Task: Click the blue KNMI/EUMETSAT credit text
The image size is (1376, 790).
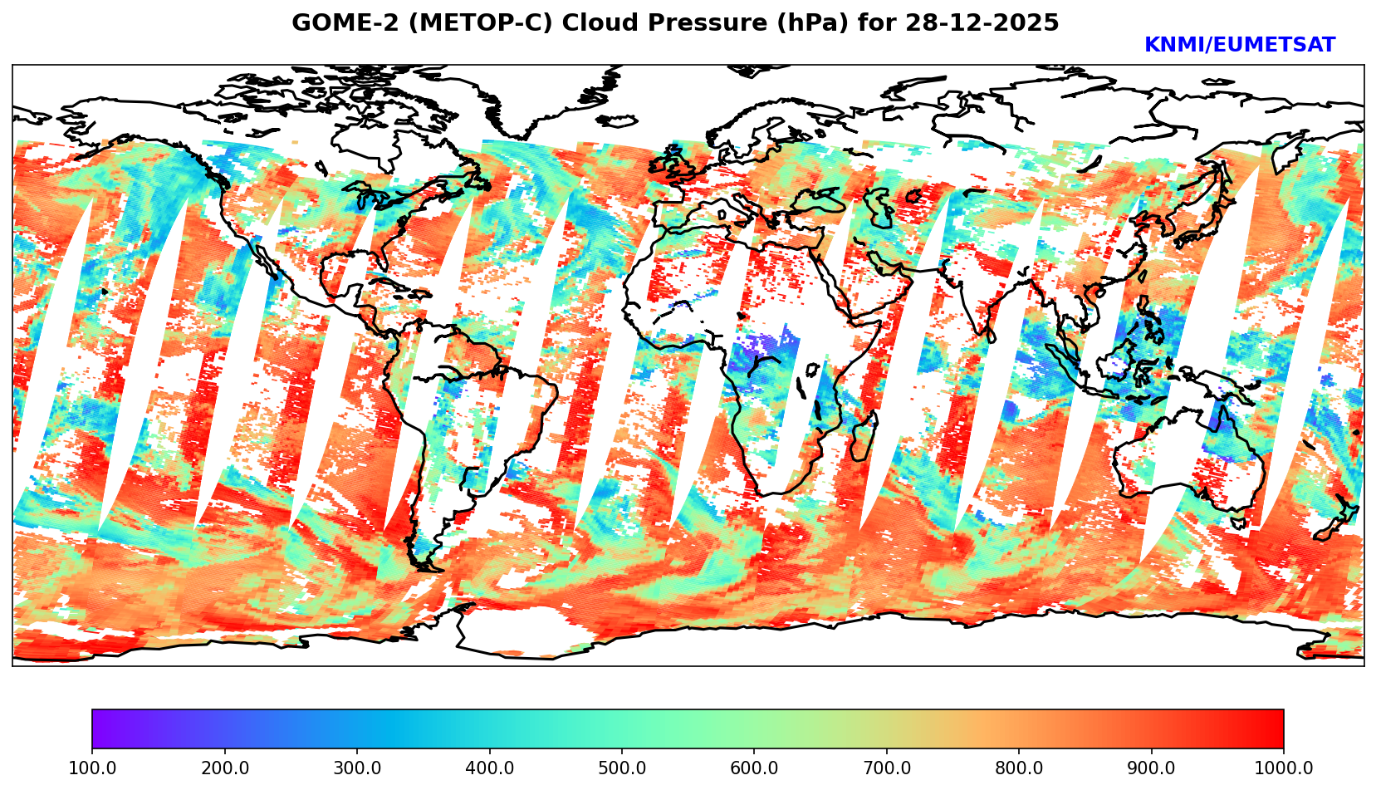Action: (x=1239, y=46)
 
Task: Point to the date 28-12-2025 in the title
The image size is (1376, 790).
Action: (x=982, y=23)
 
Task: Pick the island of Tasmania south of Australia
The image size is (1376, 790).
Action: (x=1239, y=523)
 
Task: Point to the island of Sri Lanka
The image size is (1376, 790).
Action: (x=992, y=336)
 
